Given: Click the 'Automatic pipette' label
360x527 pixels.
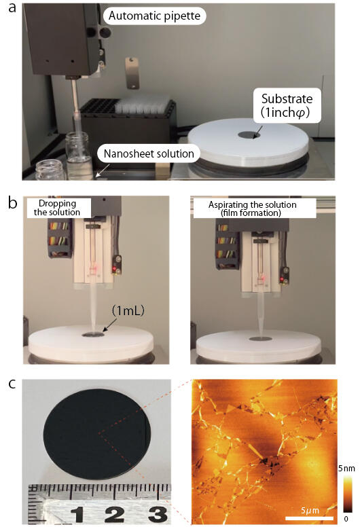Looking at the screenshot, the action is click(154, 16).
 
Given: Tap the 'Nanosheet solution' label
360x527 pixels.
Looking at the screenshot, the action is click(149, 153).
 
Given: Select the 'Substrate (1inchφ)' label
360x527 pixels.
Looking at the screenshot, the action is click(287, 105).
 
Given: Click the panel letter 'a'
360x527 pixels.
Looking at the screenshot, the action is click(12, 8).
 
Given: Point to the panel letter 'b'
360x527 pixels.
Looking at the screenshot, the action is click(12, 202).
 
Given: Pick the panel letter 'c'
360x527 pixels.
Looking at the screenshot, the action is click(12, 384).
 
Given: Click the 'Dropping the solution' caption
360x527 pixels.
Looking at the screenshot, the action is click(57, 208).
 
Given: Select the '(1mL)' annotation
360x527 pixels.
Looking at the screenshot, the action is click(128, 311).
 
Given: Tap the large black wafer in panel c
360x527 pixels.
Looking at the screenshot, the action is click(98, 434).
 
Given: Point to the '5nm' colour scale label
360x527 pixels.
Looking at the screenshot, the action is click(346, 468).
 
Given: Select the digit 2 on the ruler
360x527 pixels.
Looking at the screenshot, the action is click(115, 515).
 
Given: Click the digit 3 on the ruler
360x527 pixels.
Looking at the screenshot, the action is click(158, 514).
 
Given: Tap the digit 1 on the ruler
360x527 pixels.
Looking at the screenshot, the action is click(78, 515).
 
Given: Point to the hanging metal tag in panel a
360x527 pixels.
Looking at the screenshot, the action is click(132, 73).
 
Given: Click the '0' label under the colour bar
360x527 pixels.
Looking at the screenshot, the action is click(346, 520).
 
